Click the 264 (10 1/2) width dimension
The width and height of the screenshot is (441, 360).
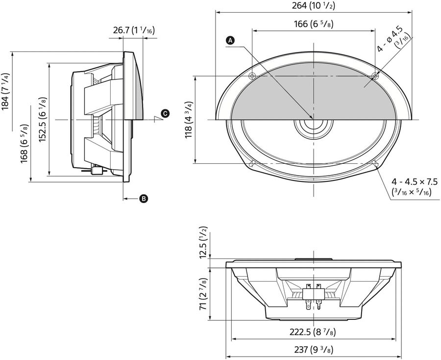pos(313,6)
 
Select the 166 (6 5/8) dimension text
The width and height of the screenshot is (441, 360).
pos(313,24)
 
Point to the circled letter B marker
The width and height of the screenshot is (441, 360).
pos(144,199)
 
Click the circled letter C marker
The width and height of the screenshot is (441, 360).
pos(165,113)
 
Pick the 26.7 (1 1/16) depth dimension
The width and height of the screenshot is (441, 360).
pos(133,30)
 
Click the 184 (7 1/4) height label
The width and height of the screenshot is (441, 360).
pos(5,98)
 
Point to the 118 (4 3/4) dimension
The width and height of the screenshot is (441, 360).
pos(188,120)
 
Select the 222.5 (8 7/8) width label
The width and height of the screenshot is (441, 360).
pos(313,332)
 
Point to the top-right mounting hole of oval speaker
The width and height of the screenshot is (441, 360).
pos(375,76)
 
